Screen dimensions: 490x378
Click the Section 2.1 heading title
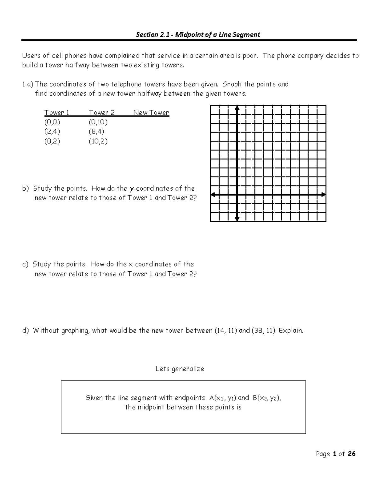tap(198, 35)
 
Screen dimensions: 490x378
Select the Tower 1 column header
tap(57, 113)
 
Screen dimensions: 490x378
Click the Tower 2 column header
tap(101, 113)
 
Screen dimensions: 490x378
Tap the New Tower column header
tap(151, 113)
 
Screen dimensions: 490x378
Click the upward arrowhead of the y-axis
tap(237, 108)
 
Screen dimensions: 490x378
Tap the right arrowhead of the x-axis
tap(324, 195)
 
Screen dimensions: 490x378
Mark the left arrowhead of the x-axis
tap(213, 195)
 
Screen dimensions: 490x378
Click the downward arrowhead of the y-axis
tap(237, 219)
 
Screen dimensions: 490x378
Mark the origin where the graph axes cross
tap(237, 195)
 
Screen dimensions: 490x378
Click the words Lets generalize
tap(180, 369)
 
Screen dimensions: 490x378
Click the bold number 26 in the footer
tap(351, 454)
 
